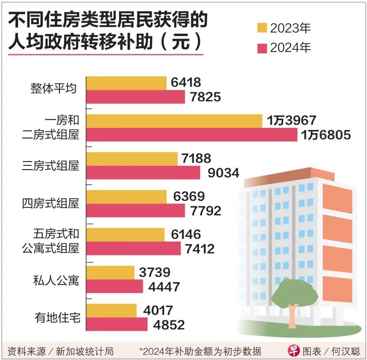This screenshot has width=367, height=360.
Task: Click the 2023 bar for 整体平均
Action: click(x=126, y=83)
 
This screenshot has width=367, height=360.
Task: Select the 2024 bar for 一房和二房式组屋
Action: click(x=192, y=135)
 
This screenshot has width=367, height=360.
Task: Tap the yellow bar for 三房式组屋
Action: click(x=132, y=159)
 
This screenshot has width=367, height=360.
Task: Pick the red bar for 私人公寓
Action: click(x=115, y=286)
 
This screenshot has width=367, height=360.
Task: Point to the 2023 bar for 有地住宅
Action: click(x=112, y=310)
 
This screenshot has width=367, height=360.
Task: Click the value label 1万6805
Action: click(x=326, y=135)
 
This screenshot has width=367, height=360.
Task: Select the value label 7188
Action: click(x=196, y=159)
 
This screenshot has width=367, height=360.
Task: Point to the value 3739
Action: click(x=154, y=272)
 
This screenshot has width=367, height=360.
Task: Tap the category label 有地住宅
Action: click(x=56, y=318)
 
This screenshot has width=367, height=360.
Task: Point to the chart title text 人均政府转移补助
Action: click(x=81, y=42)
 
